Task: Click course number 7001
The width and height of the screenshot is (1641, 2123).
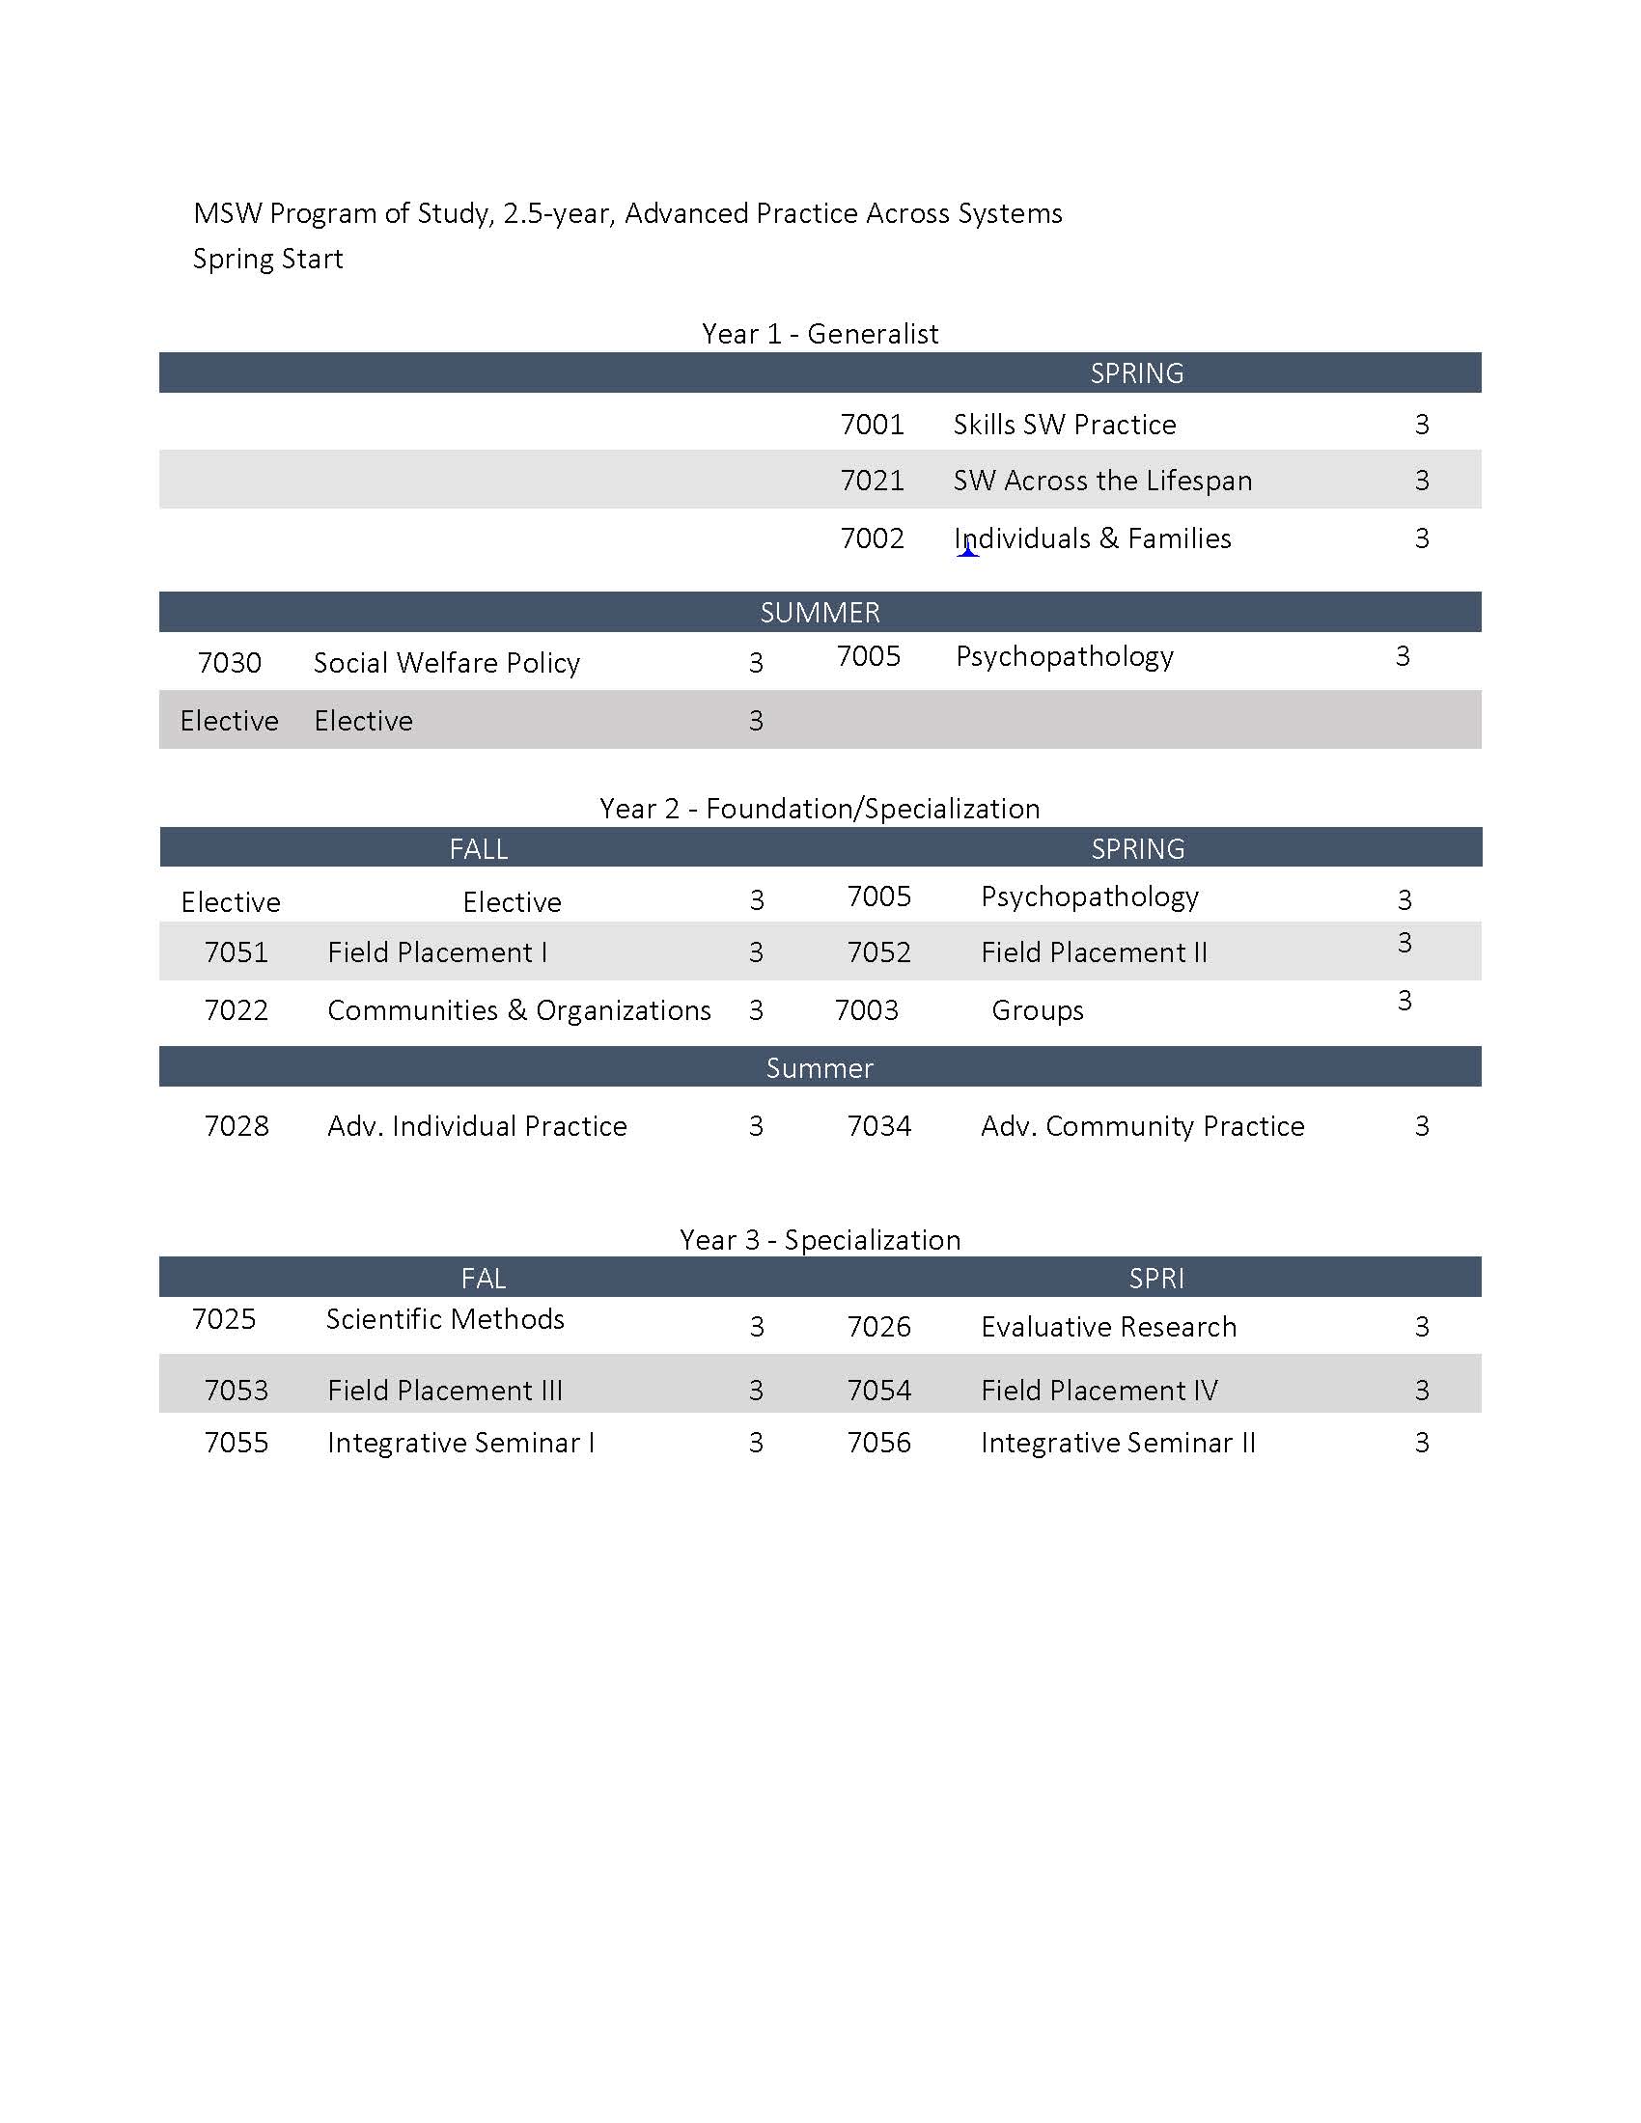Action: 872,425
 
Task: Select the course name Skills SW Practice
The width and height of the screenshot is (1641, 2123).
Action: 1065,425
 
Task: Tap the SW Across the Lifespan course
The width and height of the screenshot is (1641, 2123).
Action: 1102,482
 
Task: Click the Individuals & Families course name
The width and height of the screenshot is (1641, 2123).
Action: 1093,538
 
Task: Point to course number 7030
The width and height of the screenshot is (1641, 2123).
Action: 230,663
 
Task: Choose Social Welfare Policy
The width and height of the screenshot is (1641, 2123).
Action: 446,663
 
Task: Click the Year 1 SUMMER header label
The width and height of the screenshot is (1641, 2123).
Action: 820,613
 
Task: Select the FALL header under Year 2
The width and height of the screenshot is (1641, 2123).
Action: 478,848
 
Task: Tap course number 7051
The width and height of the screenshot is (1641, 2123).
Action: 236,952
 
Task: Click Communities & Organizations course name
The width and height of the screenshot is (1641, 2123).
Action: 519,1011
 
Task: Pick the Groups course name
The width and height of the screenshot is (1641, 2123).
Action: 1038,1011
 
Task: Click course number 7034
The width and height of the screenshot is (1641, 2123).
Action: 878,1126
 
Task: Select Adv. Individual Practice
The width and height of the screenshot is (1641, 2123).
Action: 477,1126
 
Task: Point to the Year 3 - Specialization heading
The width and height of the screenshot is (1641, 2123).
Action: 820,1240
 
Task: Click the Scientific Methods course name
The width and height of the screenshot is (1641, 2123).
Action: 445,1319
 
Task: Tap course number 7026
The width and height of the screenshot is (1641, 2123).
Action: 878,1327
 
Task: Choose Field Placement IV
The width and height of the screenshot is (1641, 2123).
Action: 1099,1391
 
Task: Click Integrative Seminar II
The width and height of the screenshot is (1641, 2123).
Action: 1118,1443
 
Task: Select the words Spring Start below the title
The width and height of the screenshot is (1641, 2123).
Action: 268,260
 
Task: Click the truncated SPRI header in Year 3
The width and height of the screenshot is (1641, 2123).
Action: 1155,1279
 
